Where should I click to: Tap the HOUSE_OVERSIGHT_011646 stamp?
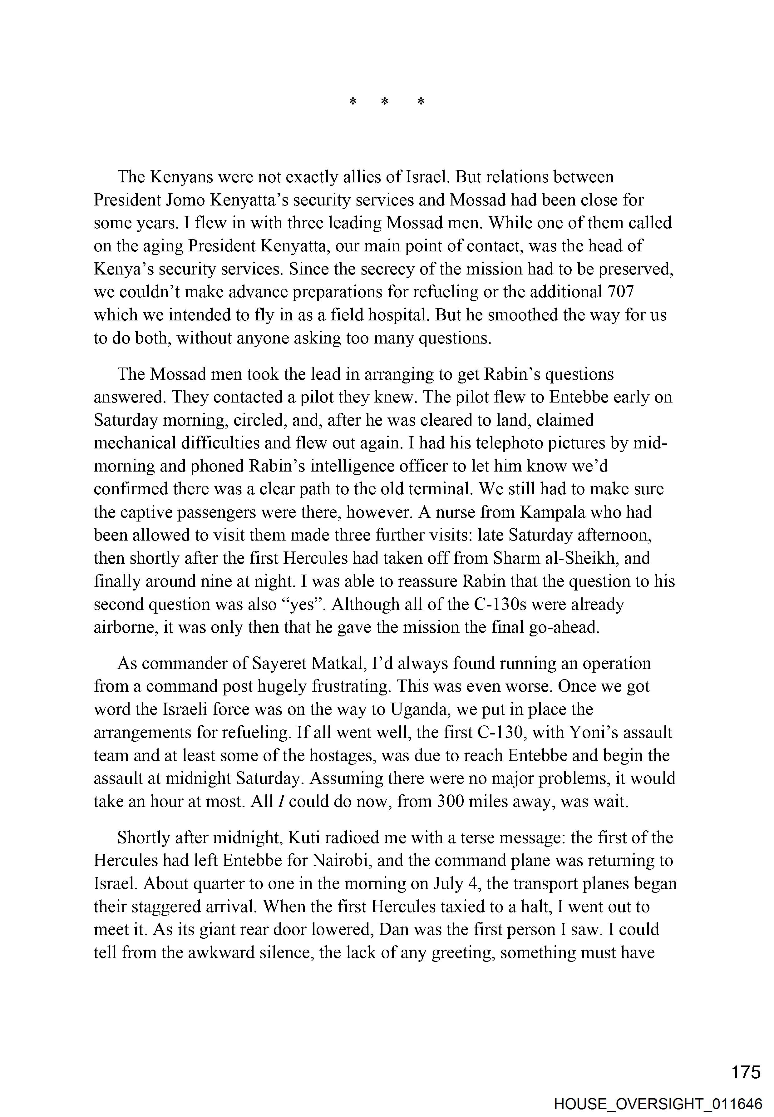pos(658,1104)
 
